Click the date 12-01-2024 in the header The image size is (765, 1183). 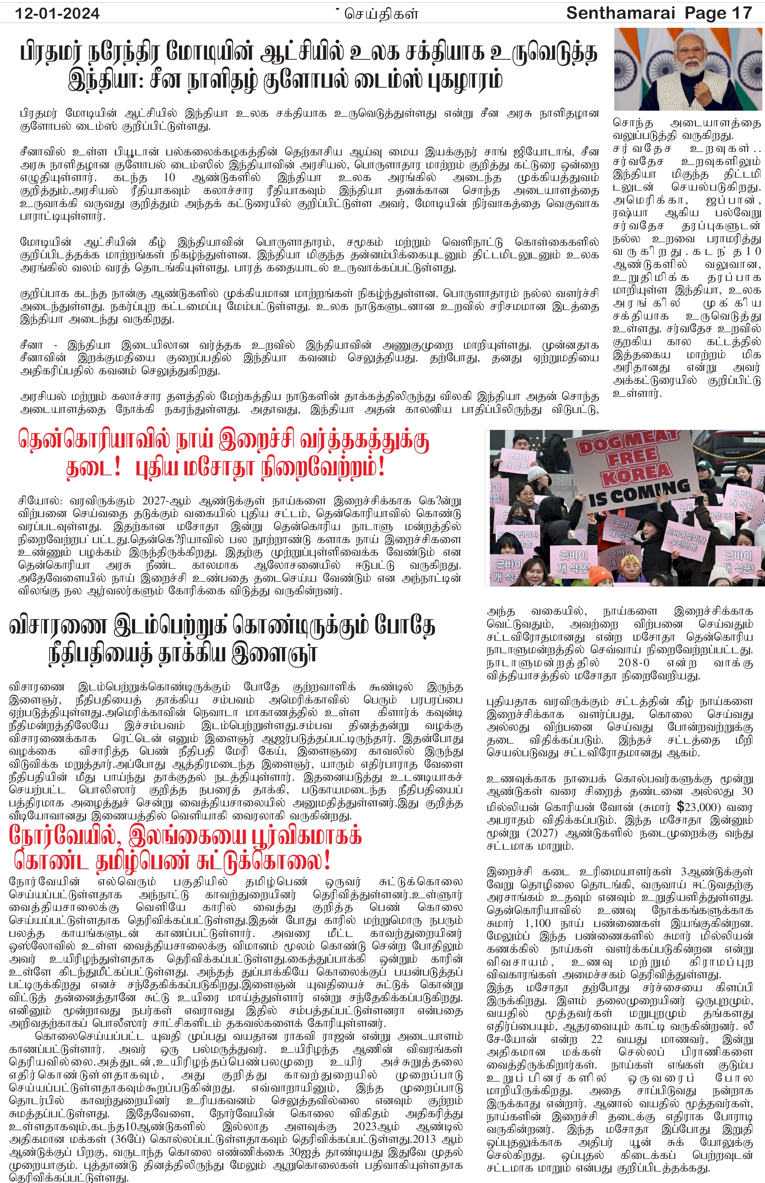57,13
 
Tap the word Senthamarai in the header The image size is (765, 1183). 620,13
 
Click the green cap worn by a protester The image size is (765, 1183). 702,464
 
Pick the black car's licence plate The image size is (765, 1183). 748,439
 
